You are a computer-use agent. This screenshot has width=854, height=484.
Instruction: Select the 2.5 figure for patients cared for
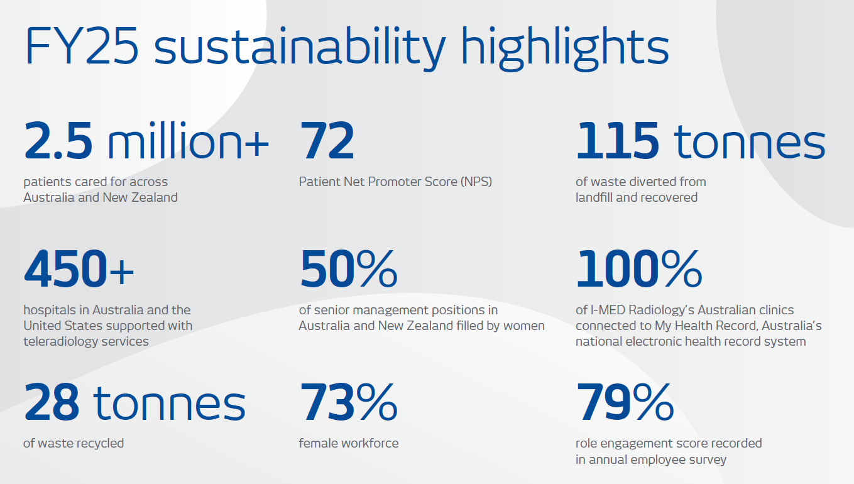[58, 141]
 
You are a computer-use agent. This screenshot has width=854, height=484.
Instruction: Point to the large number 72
[327, 141]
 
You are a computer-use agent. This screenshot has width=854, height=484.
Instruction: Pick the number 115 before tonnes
[617, 141]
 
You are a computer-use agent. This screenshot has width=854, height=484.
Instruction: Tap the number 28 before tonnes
[52, 403]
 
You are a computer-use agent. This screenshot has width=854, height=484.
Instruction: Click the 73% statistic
[348, 403]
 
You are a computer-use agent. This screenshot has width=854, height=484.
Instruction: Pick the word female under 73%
[318, 443]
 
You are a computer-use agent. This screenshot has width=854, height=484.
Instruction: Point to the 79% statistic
[625, 403]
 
